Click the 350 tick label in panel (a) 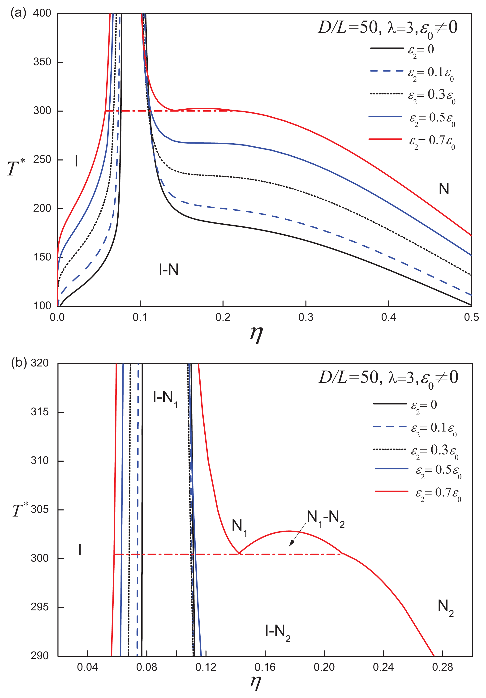[42, 62]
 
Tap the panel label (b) [19, 363]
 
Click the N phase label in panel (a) [443, 189]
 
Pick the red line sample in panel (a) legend [385, 139]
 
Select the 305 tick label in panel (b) [39, 509]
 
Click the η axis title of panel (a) [256, 334]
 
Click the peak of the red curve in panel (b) [288, 531]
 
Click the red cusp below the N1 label [240, 553]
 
